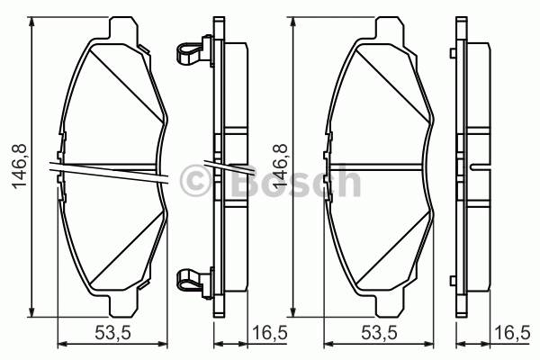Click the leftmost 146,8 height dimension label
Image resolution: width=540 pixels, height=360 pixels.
point(19,166)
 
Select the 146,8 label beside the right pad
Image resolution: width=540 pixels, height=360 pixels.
point(279,166)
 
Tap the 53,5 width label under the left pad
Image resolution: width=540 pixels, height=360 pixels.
point(112,333)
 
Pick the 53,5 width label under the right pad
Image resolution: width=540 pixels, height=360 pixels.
point(379,333)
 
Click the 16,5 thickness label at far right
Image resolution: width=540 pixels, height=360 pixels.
point(512,333)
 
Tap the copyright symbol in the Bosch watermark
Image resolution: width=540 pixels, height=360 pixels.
point(195,181)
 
